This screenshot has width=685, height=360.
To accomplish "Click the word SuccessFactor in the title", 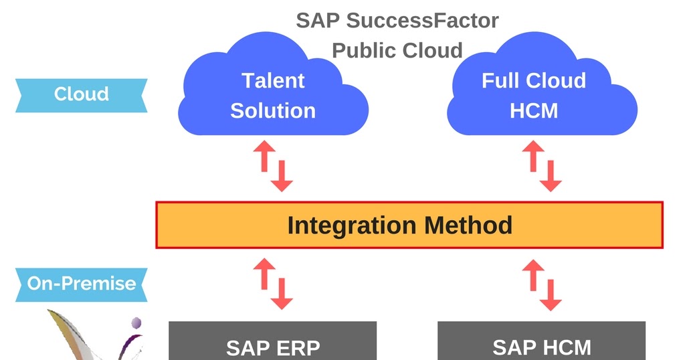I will pyautogui.click(x=422, y=20).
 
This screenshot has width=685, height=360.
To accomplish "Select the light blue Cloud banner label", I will pyautogui.click(x=82, y=94).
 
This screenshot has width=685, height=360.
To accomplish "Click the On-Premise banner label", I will pyautogui.click(x=82, y=283).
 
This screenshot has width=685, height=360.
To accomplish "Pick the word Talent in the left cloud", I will pyautogui.click(x=273, y=81).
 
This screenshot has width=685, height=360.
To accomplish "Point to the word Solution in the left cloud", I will pyautogui.click(x=273, y=110).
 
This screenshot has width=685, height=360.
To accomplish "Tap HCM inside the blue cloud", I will pyautogui.click(x=533, y=110).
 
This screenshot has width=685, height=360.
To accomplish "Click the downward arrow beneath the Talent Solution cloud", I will pyautogui.click(x=282, y=176).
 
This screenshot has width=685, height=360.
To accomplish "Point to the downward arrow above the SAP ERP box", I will pyautogui.click(x=282, y=294).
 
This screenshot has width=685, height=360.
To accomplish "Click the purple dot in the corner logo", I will pyautogui.click(x=136, y=323).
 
